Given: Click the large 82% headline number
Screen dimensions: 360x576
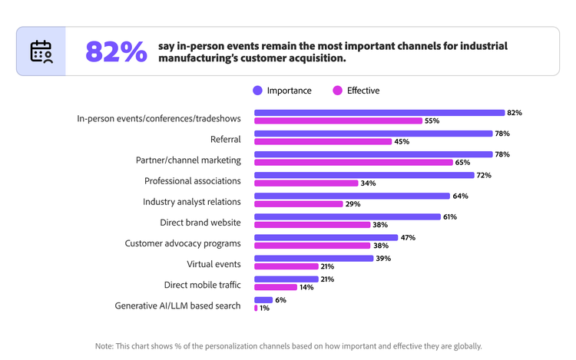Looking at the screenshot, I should [116, 51].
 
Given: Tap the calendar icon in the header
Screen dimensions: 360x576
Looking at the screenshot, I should [41, 51].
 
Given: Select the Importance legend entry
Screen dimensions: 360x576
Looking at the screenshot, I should [282, 91].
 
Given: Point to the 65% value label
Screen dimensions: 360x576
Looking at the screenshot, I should [463, 162].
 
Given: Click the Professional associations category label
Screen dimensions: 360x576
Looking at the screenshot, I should [193, 181].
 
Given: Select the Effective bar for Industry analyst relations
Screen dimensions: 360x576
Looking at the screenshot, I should [298, 203].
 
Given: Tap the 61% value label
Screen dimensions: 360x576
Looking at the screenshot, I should [450, 217].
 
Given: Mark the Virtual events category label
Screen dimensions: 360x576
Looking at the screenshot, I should [215, 264].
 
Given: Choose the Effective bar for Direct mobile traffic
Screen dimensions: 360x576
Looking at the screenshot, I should [275, 287].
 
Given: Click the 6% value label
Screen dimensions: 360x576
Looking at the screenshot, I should [280, 300].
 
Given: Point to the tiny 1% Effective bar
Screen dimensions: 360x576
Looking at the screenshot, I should [256, 308].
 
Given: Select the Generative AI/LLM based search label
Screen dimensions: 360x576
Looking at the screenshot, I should [177, 306].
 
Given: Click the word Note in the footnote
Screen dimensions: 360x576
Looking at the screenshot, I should [104, 346].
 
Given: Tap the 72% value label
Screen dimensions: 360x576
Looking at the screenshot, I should [483, 175].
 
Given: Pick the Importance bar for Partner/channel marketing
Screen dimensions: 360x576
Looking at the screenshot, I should [372, 154].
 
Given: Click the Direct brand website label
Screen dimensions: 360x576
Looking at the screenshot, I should [200, 223].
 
